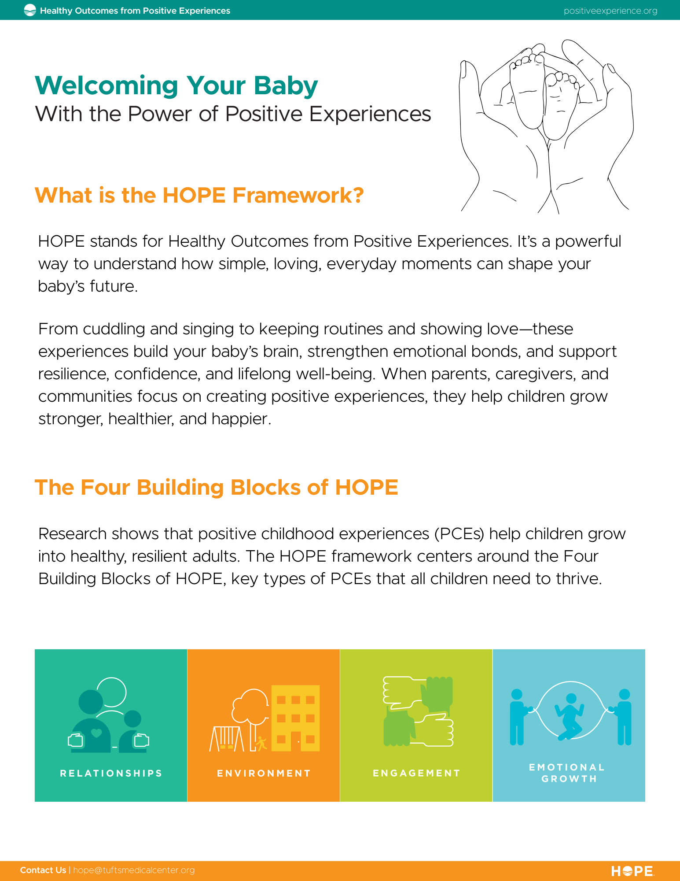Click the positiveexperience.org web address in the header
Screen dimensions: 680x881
click(x=610, y=11)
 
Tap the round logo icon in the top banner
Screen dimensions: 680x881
click(x=30, y=10)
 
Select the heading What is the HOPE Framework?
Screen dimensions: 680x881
click(x=199, y=195)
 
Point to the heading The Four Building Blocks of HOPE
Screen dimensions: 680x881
click(x=217, y=487)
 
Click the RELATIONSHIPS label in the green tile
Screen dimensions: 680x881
click(x=111, y=773)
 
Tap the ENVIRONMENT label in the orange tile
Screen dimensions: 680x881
click(x=264, y=773)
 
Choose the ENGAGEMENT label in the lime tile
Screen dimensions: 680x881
click(x=416, y=773)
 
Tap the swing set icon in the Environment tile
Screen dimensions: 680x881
click(x=227, y=739)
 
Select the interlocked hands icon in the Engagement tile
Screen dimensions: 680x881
click(x=418, y=711)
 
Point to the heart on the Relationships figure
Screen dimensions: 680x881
click(x=96, y=733)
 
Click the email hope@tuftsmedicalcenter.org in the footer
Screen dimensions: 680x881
click(x=134, y=870)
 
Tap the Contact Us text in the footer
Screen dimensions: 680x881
click(x=43, y=870)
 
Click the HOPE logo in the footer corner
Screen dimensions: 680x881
click(x=632, y=871)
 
